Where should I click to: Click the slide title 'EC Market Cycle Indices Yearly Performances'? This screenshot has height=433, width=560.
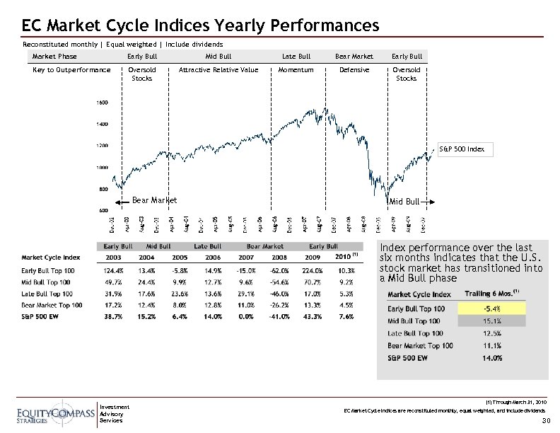(201, 25)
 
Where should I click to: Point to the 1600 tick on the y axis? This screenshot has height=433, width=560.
(103, 103)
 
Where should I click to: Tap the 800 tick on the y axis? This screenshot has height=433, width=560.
(103, 189)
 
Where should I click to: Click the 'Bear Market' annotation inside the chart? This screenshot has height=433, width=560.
(154, 201)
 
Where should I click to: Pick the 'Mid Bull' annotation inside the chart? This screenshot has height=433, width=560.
(406, 202)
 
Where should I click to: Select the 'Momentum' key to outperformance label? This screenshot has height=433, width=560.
(296, 70)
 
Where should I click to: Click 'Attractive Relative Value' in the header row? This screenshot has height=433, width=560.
(218, 70)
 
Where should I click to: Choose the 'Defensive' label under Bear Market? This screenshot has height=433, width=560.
(354, 70)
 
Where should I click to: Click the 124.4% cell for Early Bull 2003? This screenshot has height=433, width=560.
(115, 270)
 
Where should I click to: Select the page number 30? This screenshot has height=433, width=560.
(545, 422)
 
